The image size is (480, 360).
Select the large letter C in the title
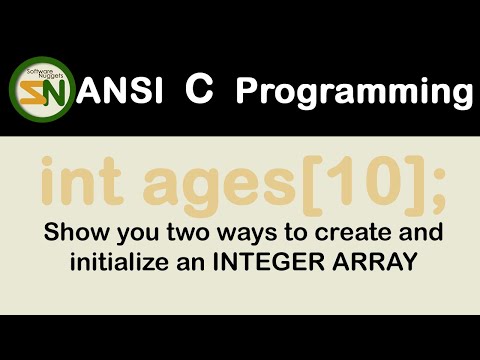tap(197, 90)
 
